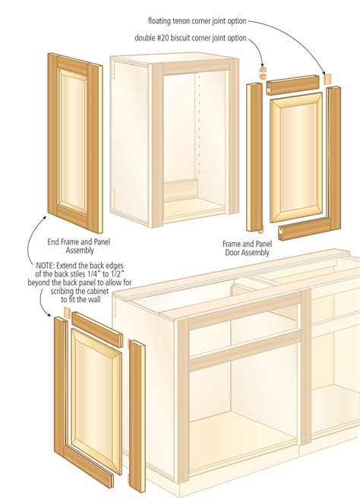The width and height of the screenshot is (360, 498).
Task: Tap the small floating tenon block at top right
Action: (328, 78)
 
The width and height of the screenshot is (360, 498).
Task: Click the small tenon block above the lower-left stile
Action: (67, 312)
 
